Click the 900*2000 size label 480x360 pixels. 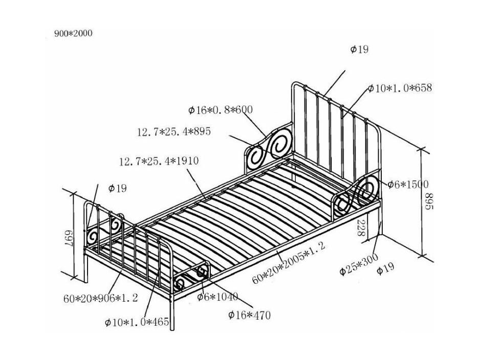[x=73, y=33]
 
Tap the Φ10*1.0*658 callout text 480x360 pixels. [x=400, y=88]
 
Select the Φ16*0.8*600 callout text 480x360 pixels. [x=221, y=109]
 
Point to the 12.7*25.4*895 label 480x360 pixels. [x=174, y=131]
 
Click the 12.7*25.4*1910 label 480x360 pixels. [x=159, y=161]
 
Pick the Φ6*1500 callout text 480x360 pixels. [x=408, y=184]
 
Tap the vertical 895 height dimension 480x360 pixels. [x=429, y=201]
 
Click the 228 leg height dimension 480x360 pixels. [x=361, y=228]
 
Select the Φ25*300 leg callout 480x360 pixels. [x=359, y=264]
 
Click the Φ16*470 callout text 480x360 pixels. [x=249, y=314]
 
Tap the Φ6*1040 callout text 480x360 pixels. [x=217, y=297]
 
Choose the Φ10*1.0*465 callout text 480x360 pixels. [x=137, y=322]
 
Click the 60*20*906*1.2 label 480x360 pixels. [x=101, y=298]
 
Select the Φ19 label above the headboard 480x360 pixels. [x=359, y=49]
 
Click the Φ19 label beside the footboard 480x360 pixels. [x=117, y=188]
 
